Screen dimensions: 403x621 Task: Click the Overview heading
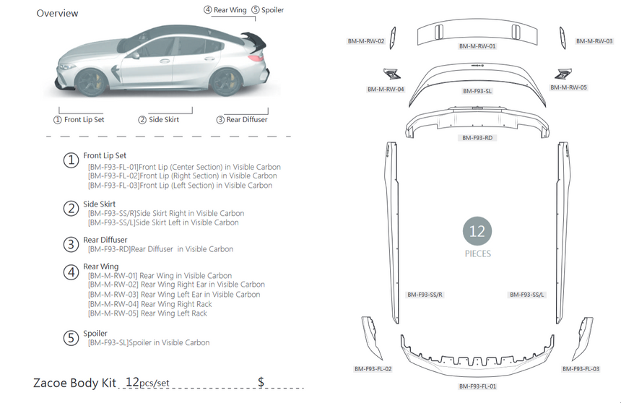(58, 13)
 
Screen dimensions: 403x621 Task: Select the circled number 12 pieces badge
(477, 232)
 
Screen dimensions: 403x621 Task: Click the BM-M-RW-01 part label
(477, 45)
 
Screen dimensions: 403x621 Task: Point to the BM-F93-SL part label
(477, 92)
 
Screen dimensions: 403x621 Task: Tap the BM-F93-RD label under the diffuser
(477, 137)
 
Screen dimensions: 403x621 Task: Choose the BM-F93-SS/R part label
(425, 295)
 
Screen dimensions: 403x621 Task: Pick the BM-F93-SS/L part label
(527, 295)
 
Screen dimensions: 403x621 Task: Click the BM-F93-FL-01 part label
(477, 386)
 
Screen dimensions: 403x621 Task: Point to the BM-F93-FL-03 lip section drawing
(583, 337)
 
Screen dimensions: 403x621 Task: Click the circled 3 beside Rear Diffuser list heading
(71, 244)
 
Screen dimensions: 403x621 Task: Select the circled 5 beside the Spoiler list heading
(71, 337)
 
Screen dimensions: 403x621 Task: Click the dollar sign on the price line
(261, 381)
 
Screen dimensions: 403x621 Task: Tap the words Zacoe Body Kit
(75, 382)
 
